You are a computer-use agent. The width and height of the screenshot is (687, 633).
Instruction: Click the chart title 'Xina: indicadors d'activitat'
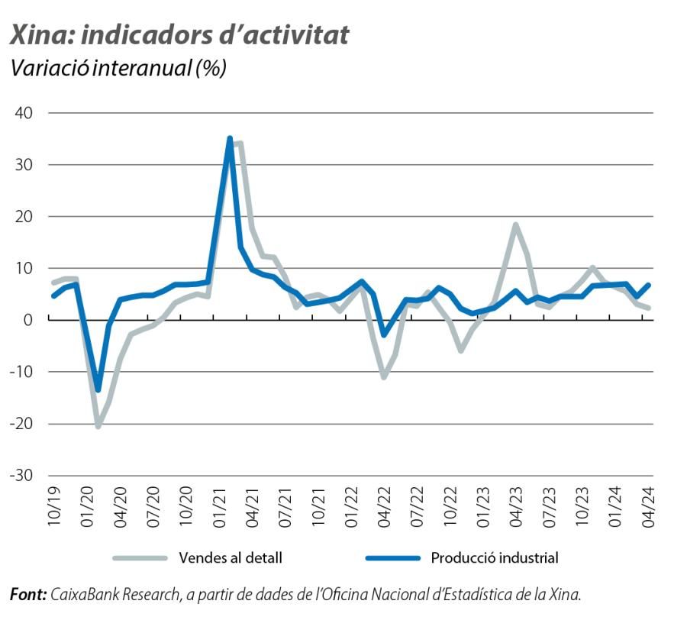pyautogui.click(x=179, y=34)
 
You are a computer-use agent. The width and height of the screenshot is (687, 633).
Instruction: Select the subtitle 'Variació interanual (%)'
pyautogui.click(x=118, y=69)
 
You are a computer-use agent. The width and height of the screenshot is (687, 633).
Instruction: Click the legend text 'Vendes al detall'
pyautogui.click(x=231, y=558)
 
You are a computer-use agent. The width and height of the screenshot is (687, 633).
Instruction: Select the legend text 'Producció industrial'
pyautogui.click(x=495, y=558)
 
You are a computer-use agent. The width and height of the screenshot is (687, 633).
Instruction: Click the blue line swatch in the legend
pyautogui.click(x=392, y=558)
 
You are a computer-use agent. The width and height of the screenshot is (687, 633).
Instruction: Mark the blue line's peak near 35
pyautogui.click(x=230, y=139)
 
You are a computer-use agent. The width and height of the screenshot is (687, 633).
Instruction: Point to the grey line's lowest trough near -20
pyautogui.click(x=98, y=425)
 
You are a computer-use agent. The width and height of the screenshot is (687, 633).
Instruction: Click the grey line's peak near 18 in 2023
pyautogui.click(x=516, y=224)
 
